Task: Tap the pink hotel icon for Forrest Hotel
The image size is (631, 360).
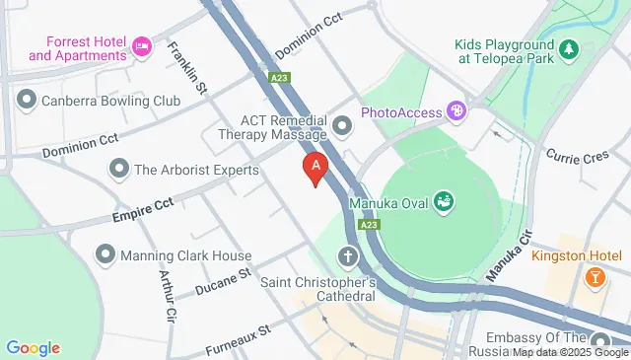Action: click(x=143, y=45)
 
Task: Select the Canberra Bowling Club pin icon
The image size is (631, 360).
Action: click(x=26, y=100)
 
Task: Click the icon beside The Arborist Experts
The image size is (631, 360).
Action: click(x=119, y=169)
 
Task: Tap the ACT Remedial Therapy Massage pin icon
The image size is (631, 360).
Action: click(x=343, y=124)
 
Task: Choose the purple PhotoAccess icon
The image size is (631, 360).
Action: click(x=455, y=111)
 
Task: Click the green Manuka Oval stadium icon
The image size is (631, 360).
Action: click(x=446, y=202)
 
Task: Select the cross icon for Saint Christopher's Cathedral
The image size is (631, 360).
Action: click(x=347, y=256)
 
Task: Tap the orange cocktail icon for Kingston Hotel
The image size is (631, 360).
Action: click(x=595, y=278)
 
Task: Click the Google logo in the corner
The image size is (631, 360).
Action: click(x=33, y=347)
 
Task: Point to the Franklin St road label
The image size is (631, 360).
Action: click(x=186, y=67)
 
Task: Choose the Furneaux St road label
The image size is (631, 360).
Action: click(x=238, y=341)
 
